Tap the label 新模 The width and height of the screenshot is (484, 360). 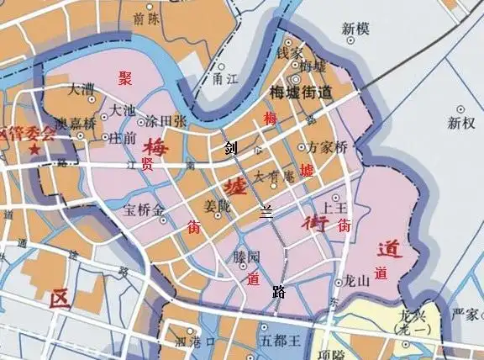point(356,29)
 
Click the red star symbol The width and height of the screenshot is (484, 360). point(34,149)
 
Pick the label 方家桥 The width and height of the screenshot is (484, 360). point(328,146)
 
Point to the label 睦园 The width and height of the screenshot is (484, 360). point(247,257)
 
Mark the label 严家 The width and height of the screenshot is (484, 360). point(464,315)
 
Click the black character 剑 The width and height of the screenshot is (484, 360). point(230,150)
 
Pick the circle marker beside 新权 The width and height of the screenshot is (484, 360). point(461,109)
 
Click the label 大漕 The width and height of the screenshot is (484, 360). point(82,87)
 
